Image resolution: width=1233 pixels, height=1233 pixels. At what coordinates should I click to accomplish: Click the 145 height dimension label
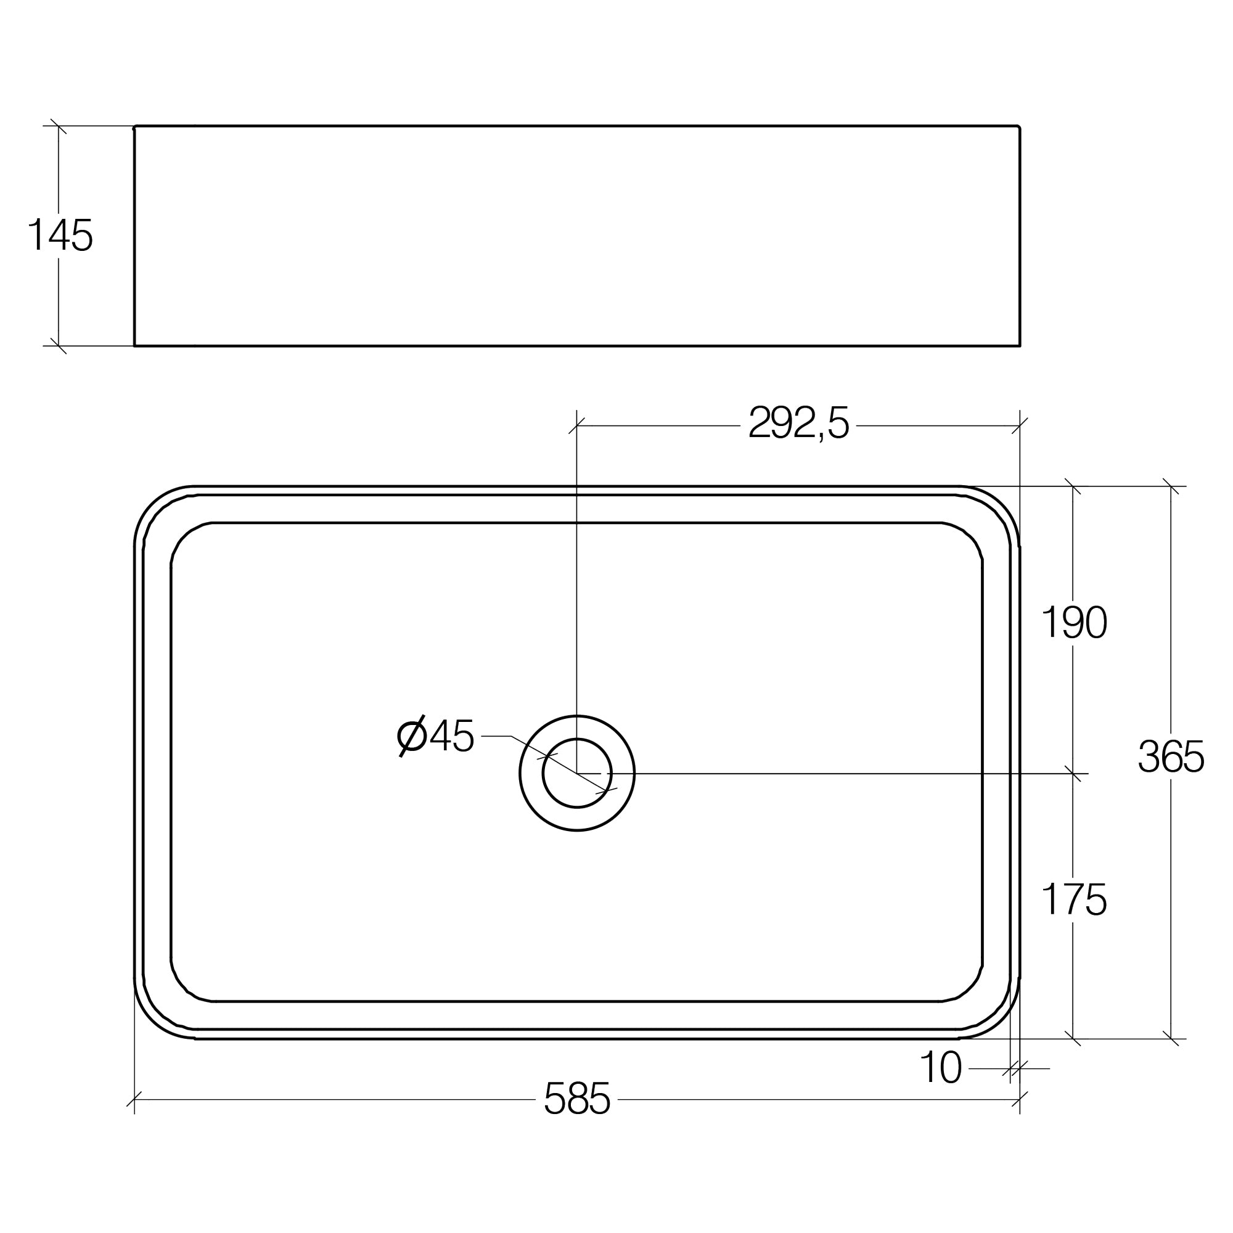(60, 235)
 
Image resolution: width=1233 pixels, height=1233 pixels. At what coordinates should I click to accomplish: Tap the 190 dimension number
(1074, 623)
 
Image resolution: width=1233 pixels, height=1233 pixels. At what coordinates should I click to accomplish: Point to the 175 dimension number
(1074, 900)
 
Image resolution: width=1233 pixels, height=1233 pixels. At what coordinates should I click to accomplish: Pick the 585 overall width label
(577, 1099)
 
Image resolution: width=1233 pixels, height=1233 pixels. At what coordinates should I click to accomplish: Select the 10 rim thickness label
(941, 1067)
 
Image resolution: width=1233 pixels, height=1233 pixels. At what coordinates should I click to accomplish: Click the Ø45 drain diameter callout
(435, 737)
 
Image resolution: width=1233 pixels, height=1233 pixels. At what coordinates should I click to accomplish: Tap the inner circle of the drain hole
(577, 774)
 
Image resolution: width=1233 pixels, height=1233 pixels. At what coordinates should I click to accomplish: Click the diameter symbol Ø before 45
(412, 737)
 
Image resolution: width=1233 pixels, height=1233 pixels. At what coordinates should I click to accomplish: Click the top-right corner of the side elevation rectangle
(1019, 127)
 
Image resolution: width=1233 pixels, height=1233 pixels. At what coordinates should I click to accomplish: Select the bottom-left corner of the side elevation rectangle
(134, 346)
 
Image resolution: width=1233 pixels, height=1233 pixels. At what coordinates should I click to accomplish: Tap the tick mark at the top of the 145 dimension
(59, 126)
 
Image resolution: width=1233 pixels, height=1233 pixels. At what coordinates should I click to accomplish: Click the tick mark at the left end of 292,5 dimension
(577, 425)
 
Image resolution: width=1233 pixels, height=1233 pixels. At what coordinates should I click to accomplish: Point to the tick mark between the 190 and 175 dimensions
(1073, 774)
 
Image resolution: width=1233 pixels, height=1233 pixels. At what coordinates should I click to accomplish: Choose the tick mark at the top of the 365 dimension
(1171, 486)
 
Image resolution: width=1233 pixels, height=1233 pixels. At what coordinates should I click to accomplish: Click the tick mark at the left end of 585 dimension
(134, 1099)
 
